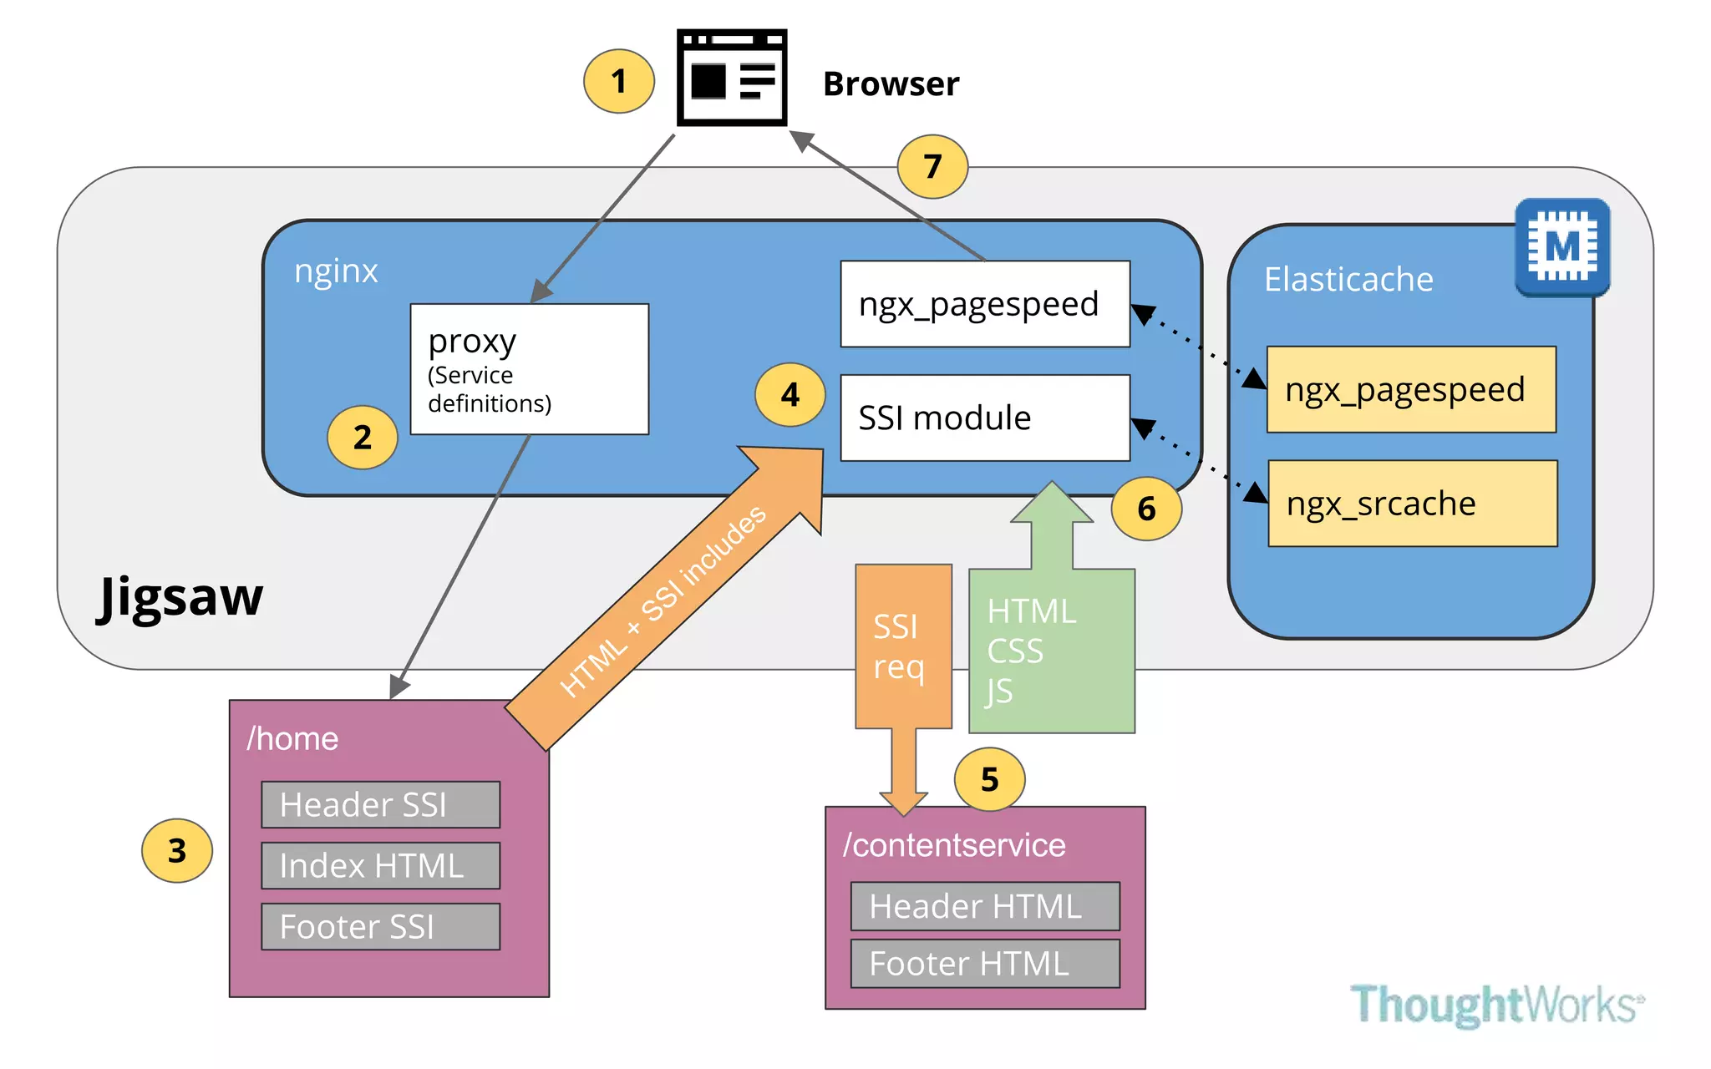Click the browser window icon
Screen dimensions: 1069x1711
click(x=731, y=78)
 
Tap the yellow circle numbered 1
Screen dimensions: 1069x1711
click(x=618, y=81)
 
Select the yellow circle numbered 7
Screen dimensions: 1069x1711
click(x=932, y=166)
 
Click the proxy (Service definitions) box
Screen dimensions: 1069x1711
click(x=529, y=368)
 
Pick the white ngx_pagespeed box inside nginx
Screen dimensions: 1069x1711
click(x=984, y=304)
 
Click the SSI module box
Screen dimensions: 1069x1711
click(x=984, y=418)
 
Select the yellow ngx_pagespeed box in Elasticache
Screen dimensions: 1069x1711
click(x=1410, y=389)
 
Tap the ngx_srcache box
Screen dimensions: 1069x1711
click(x=1412, y=504)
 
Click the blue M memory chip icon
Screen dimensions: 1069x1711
click(x=1561, y=247)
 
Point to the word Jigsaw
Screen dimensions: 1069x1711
click(x=180, y=596)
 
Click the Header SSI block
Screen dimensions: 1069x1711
click(x=380, y=804)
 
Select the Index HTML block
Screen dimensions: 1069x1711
click(x=380, y=865)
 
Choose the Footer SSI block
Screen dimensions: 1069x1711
click(x=380, y=926)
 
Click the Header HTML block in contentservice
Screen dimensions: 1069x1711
click(x=984, y=906)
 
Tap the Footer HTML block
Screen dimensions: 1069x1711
click(x=984, y=963)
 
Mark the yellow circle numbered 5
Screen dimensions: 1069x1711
click(x=989, y=779)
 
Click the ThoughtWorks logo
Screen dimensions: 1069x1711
click(x=1496, y=1004)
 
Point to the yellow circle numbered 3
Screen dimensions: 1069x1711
click(x=176, y=850)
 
